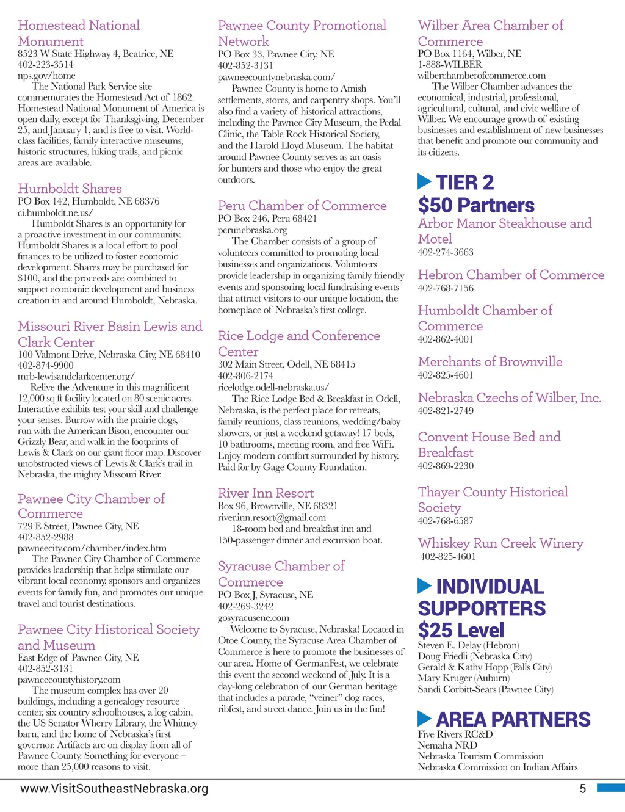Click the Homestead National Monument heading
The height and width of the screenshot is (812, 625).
click(79, 34)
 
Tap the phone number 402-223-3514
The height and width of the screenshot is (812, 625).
click(45, 65)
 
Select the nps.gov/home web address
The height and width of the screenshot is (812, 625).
click(46, 76)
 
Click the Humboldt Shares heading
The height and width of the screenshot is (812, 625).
click(70, 189)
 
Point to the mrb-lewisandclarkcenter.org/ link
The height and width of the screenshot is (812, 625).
click(76, 376)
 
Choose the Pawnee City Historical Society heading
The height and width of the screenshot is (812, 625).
click(109, 637)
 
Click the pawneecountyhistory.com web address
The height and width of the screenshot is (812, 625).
click(69, 680)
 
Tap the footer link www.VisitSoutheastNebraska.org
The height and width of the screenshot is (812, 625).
click(114, 788)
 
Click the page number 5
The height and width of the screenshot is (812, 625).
click(582, 789)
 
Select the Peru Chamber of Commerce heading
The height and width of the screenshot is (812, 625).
click(302, 206)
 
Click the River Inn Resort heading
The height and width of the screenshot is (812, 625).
click(266, 493)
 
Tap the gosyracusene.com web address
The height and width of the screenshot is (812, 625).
click(253, 618)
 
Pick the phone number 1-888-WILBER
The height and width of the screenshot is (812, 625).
click(450, 65)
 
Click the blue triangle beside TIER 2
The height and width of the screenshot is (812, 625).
click(425, 181)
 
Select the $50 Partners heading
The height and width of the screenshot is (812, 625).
click(476, 205)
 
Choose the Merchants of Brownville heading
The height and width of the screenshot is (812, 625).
click(490, 362)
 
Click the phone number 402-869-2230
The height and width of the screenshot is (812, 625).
click(446, 466)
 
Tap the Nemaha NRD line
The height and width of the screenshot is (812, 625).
click(447, 745)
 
